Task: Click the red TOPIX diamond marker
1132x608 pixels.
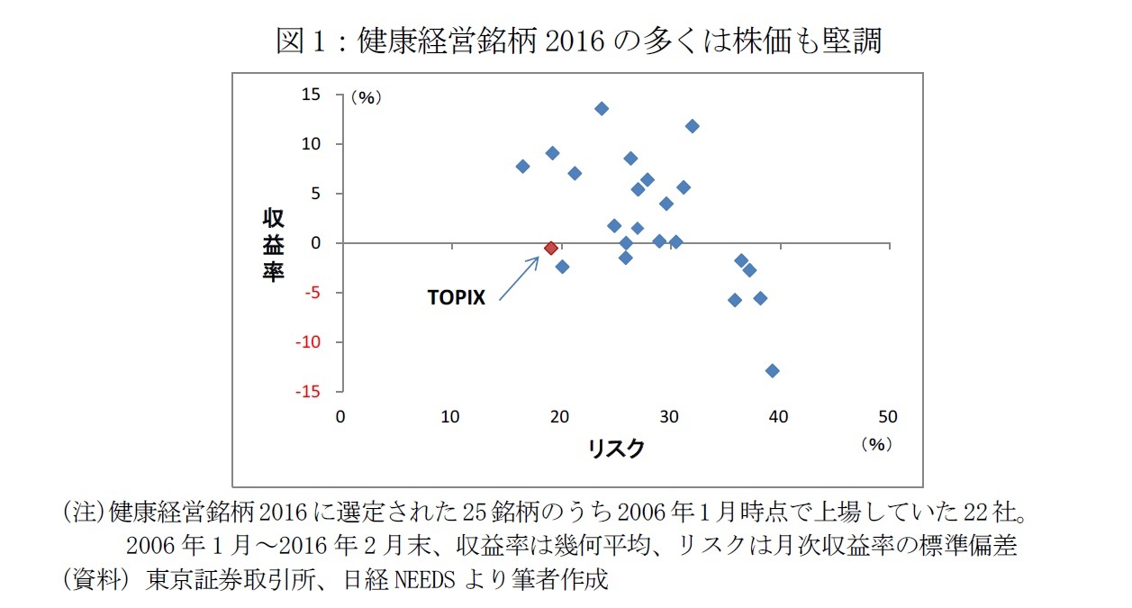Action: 551,248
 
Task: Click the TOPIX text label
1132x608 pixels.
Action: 456,298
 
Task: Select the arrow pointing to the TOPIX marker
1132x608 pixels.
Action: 519,277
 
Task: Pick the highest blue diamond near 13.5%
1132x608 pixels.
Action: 602,109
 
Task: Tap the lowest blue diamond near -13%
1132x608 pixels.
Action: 772,370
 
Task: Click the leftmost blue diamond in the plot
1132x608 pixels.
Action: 522,167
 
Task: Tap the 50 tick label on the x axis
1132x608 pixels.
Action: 888,416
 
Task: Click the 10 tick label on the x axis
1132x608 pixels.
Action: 450,416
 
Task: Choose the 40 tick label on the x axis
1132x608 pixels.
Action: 778,416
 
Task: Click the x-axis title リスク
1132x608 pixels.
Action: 616,448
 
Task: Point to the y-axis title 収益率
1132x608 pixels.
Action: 273,244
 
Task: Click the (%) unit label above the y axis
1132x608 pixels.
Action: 367,98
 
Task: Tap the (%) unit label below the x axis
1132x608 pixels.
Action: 874,444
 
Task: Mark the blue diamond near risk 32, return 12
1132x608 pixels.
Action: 692,126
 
